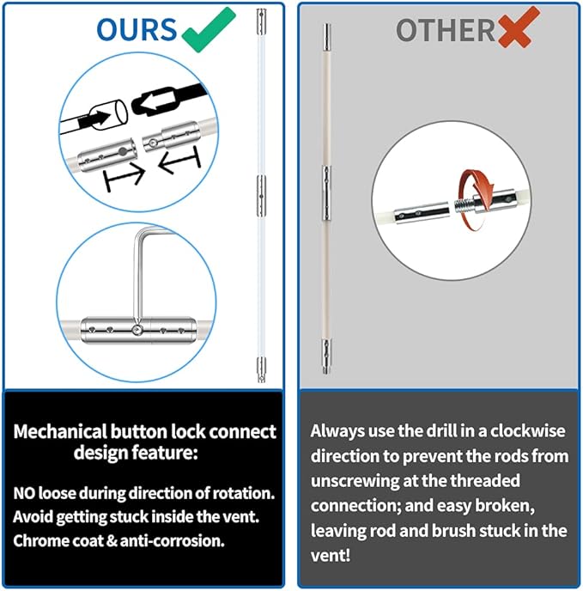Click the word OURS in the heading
coord(137,29)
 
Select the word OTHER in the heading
coord(445,30)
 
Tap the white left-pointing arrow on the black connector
coord(155,101)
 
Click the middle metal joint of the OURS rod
coord(261,196)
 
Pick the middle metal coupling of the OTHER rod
coord(327,192)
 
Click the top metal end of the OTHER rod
coord(327,37)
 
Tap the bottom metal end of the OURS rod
coord(261,369)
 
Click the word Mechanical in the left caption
coord(60,431)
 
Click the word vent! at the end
coord(331,556)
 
